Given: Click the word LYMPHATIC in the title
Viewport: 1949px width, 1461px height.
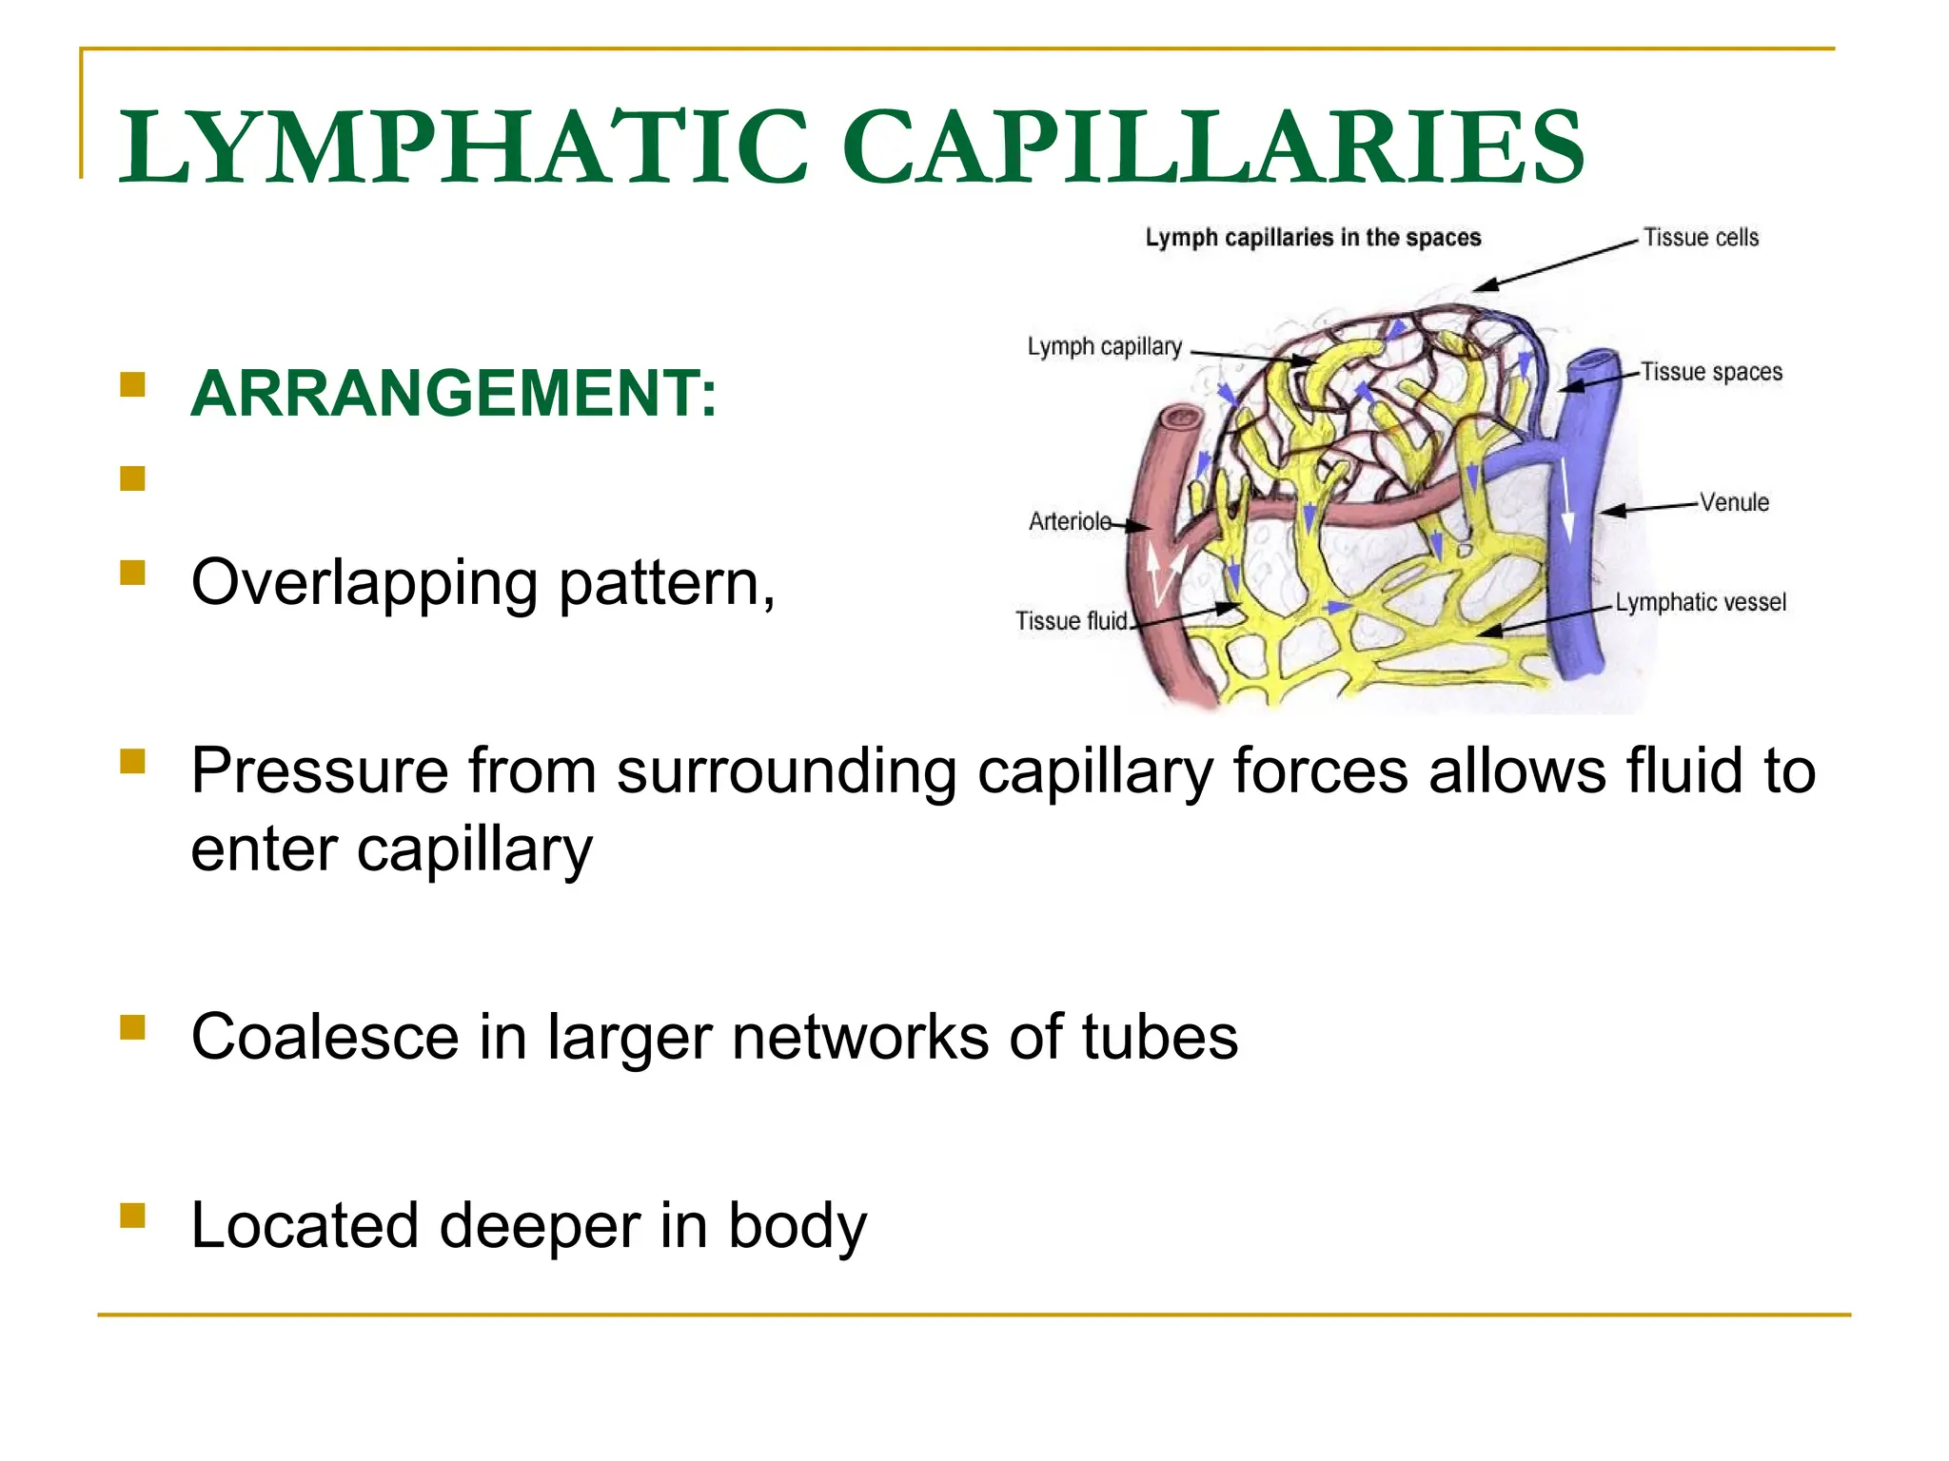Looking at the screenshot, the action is click(463, 146).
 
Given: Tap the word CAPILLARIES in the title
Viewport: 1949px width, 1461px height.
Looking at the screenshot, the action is click(1213, 146).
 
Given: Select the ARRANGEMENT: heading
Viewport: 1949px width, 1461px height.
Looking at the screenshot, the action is click(454, 393).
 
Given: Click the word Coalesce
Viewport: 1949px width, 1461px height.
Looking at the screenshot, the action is click(325, 1036).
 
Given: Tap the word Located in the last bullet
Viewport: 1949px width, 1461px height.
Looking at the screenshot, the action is click(305, 1225).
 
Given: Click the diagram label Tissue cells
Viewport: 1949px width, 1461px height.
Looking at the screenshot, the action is click(1702, 238).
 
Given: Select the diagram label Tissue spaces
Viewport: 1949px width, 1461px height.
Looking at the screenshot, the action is click(1711, 372).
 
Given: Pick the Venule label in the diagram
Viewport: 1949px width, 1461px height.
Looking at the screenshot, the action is click(1734, 502).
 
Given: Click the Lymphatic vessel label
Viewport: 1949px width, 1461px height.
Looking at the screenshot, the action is click(1701, 602).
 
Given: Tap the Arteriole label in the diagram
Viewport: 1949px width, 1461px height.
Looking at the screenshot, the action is click(1070, 521).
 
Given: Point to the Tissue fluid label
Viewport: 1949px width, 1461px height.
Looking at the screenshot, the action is click(1072, 621).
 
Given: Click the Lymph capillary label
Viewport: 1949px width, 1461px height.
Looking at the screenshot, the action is click(1104, 347).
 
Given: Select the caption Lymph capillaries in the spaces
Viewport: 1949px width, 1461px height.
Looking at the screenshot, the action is click(1313, 238).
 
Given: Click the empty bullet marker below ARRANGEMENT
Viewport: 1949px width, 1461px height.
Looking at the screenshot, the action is click(132, 477).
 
